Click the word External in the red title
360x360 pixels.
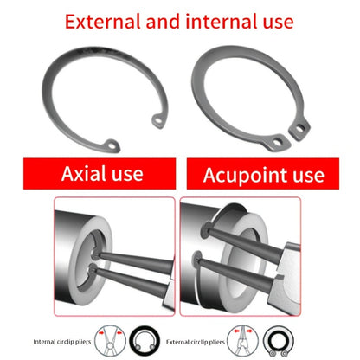point(102,22)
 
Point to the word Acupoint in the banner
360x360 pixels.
point(246,176)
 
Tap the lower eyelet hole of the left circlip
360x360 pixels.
point(112,146)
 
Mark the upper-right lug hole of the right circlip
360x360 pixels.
point(300,128)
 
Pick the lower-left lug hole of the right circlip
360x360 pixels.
point(278,142)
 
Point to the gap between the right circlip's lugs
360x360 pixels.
point(290,137)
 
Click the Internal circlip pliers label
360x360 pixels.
point(62,342)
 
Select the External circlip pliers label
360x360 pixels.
point(196,342)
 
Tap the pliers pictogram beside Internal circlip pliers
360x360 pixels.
point(110,341)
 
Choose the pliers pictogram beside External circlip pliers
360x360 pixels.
point(242,341)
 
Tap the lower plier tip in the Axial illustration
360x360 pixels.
point(92,269)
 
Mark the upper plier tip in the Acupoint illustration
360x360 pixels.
point(204,230)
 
